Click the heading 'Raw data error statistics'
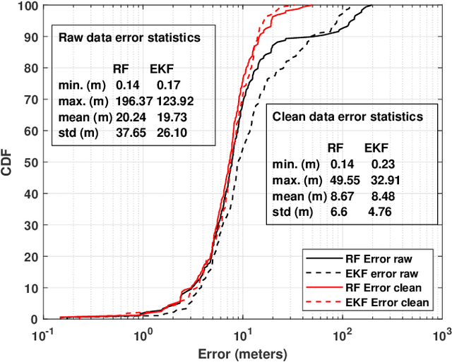pyautogui.click(x=127, y=38)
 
